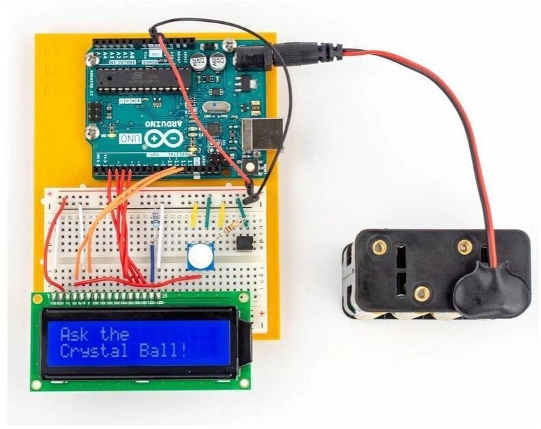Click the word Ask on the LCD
pyautogui.click(x=74, y=335)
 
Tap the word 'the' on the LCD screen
pyautogui.click(x=114, y=334)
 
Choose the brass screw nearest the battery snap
pyautogui.click(x=466, y=244)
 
